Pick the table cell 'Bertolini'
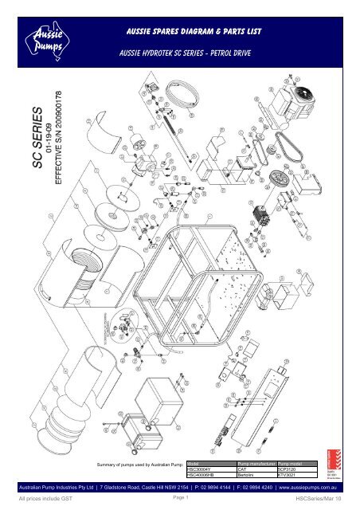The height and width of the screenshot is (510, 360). point(240,475)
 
